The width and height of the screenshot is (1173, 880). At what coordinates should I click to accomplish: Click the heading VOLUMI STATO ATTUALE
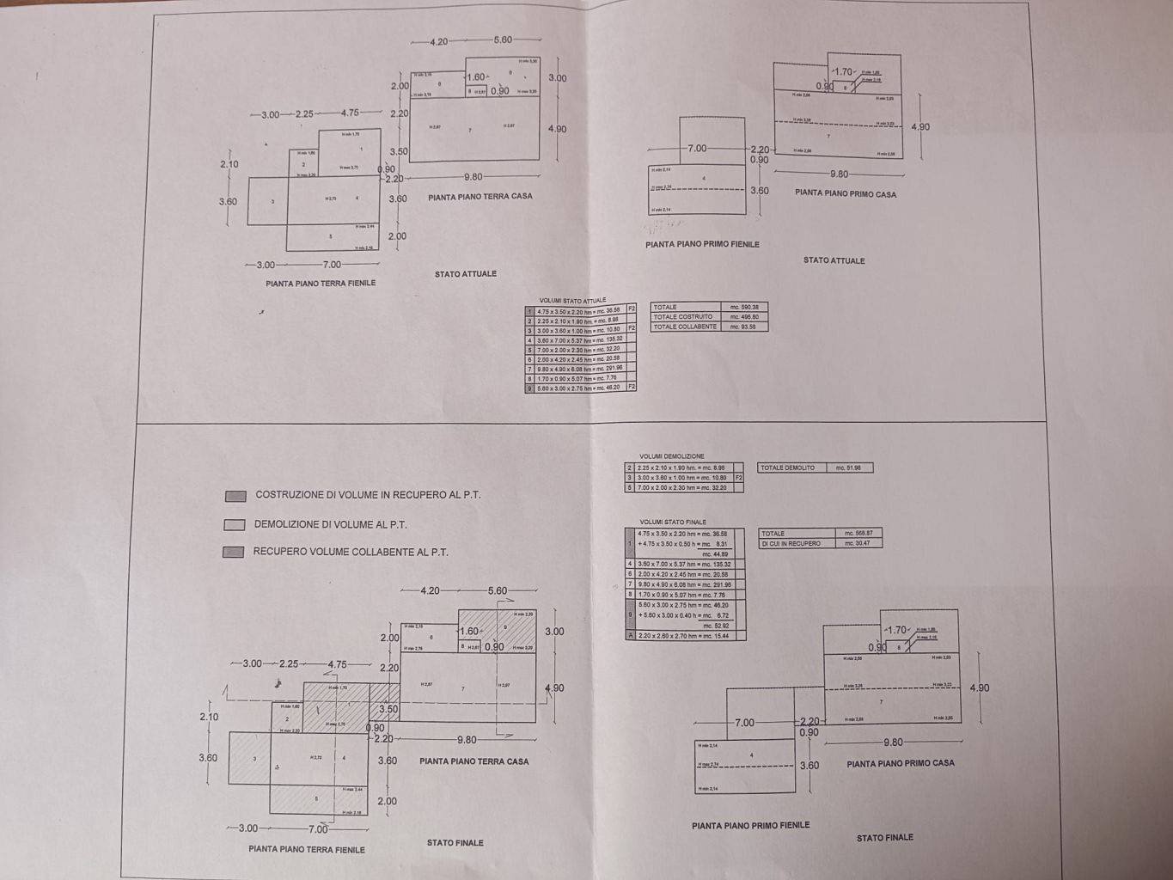[x=572, y=301]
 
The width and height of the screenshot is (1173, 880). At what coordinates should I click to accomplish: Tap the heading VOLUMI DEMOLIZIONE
[x=672, y=456]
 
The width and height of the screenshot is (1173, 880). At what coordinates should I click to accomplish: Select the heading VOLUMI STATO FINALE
[x=673, y=522]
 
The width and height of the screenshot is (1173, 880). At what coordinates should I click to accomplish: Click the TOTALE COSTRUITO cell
[x=683, y=316]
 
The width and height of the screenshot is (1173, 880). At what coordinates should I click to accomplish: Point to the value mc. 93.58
[x=744, y=327]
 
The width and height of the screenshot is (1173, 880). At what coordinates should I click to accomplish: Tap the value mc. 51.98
[x=848, y=467]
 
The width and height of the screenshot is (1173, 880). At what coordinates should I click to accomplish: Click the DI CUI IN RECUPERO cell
[x=791, y=543]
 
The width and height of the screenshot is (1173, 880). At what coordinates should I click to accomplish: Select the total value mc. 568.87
[x=858, y=534]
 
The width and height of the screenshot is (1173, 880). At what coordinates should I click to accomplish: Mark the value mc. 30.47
[x=858, y=543]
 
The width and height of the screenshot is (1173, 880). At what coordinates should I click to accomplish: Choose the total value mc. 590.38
[x=744, y=307]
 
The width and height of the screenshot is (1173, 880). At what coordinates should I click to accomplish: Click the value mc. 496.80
[x=744, y=316]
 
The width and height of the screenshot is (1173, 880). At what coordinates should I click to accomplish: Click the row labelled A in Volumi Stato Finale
[x=631, y=636]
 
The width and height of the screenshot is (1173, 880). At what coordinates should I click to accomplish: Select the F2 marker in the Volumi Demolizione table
[x=737, y=477]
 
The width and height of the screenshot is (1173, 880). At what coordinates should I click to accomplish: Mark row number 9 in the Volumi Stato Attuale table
[x=530, y=388]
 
